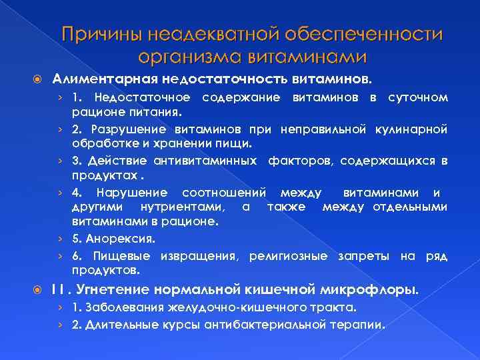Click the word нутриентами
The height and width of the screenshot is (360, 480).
pyautogui.click(x=187, y=207)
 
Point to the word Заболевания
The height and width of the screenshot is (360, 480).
pyautogui.click(x=127, y=309)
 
